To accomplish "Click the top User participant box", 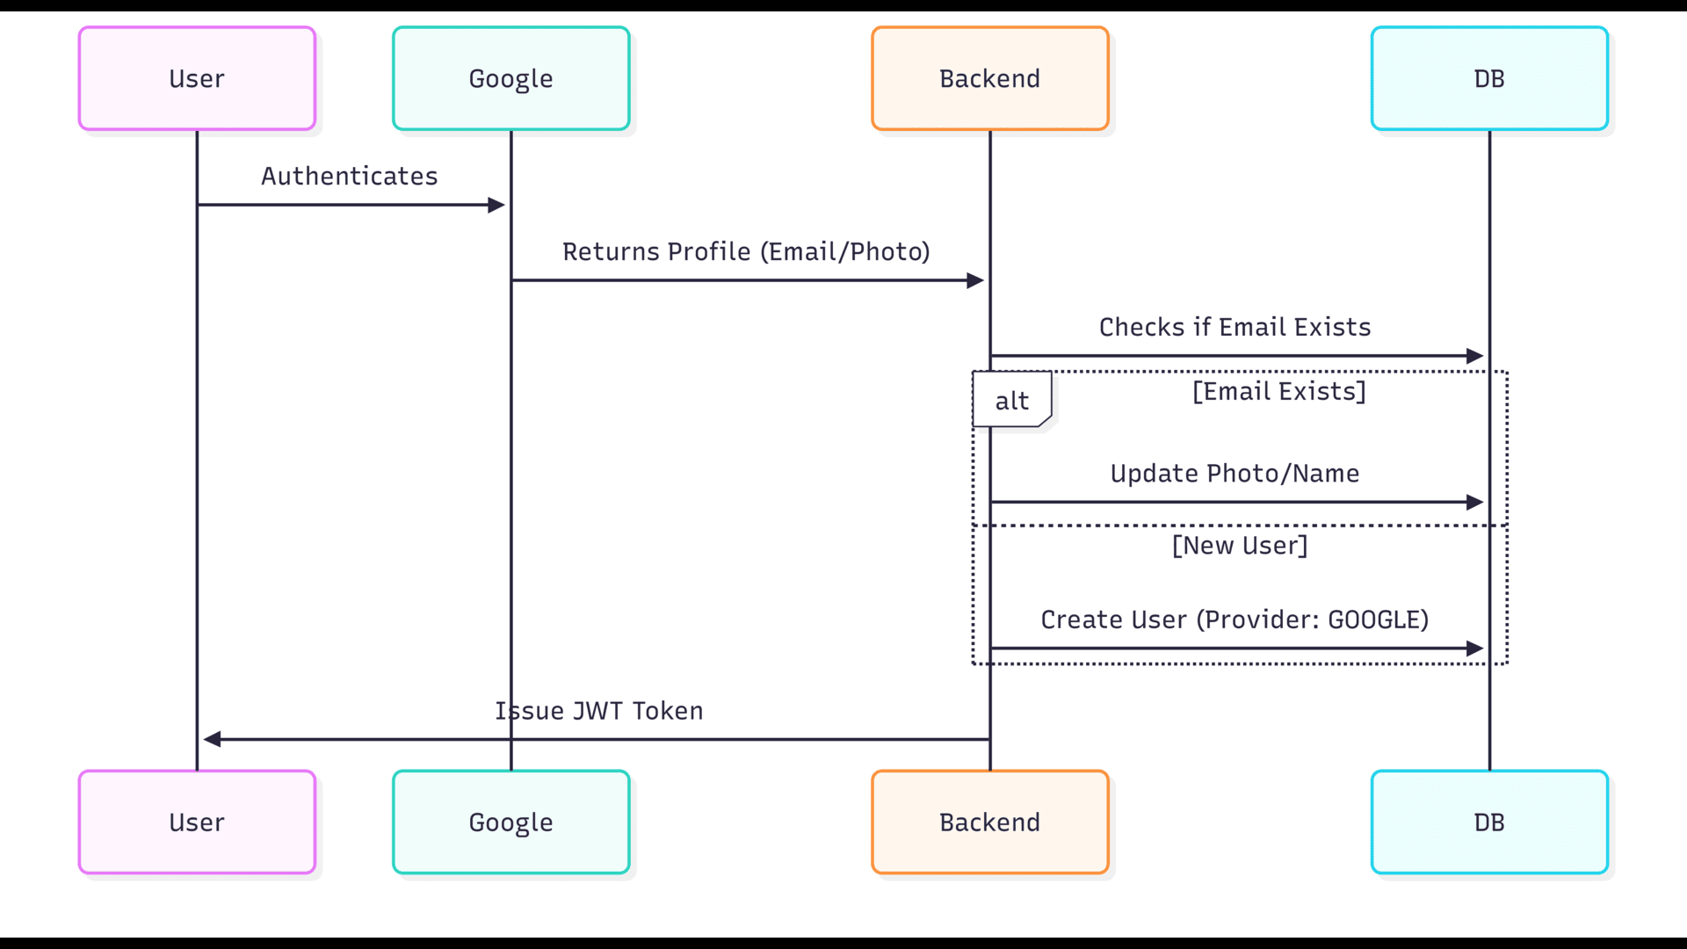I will [x=197, y=78].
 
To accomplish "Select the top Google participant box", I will [x=510, y=78].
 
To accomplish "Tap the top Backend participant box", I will [x=989, y=78].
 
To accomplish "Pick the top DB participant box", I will [x=1488, y=78].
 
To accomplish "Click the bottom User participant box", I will [x=197, y=822].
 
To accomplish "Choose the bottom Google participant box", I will [x=510, y=822].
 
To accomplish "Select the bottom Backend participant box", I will [x=989, y=822].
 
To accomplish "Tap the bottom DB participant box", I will [x=1488, y=822].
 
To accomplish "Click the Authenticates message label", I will [x=349, y=177].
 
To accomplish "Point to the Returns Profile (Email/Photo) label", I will [x=746, y=252].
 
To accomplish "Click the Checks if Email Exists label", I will [x=1234, y=328].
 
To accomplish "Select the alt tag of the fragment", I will [x=1011, y=401].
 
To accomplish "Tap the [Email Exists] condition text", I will [x=1278, y=392].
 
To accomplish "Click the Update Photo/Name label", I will [x=1234, y=474].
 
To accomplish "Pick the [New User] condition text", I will [x=1240, y=546].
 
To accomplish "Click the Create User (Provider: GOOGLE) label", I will [x=1234, y=620].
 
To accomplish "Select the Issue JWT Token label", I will [x=599, y=711].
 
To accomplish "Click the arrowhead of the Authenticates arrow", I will [x=496, y=205].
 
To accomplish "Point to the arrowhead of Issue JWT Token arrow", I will [x=212, y=739].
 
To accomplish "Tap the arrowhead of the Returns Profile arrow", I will [x=975, y=280].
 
